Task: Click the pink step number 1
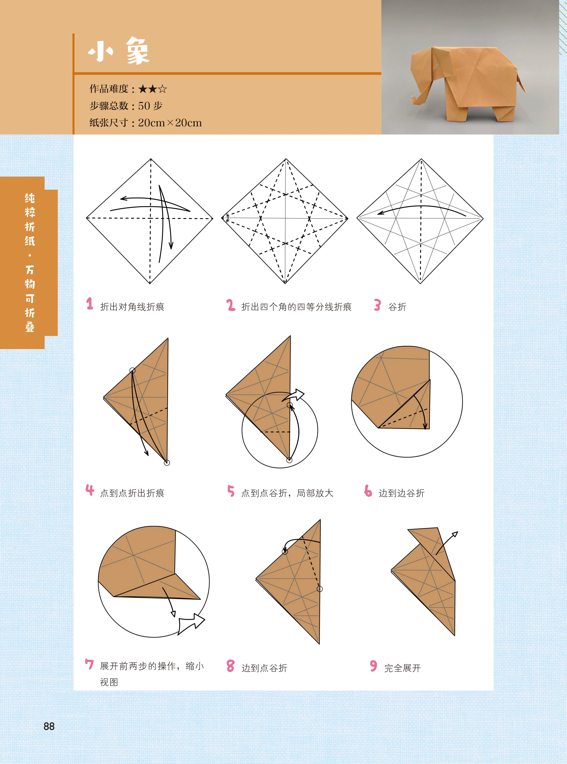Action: [x=90, y=304]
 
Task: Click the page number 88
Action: [x=49, y=726]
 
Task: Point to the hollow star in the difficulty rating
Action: [x=163, y=89]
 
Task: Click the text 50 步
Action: [x=150, y=106]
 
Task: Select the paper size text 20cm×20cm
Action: [x=170, y=123]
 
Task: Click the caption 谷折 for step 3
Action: [x=397, y=307]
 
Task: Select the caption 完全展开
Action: [x=402, y=668]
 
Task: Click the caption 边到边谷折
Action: [x=402, y=493]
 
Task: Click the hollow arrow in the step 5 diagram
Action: [x=295, y=395]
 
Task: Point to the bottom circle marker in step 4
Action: [x=167, y=463]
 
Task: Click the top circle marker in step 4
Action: [x=132, y=370]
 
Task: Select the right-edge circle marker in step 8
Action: [x=320, y=589]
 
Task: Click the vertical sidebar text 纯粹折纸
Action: [x=30, y=220]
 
